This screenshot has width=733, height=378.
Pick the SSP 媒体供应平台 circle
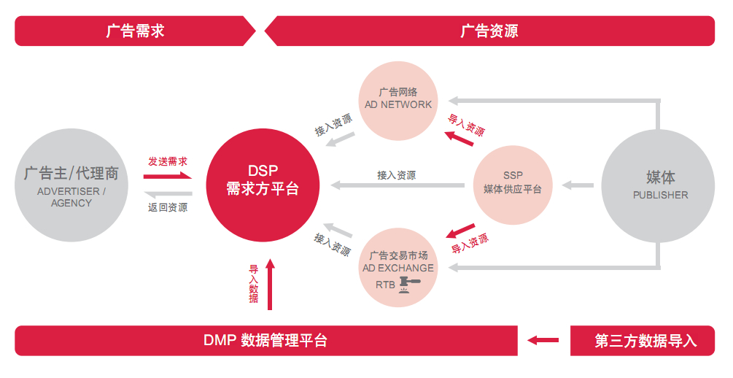(512, 182)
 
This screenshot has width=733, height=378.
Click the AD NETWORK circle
(398, 101)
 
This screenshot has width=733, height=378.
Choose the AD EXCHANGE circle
(398, 267)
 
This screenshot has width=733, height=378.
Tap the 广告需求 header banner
(135, 31)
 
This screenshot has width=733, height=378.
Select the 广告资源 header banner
(489, 31)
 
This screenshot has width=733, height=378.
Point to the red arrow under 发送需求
(168, 175)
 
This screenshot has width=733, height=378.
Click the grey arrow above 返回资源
(168, 194)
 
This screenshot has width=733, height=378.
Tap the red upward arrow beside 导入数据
(270, 284)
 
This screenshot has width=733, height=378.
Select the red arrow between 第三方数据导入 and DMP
(543, 340)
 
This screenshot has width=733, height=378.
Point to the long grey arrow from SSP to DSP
(397, 186)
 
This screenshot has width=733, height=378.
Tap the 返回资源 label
(168, 208)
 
